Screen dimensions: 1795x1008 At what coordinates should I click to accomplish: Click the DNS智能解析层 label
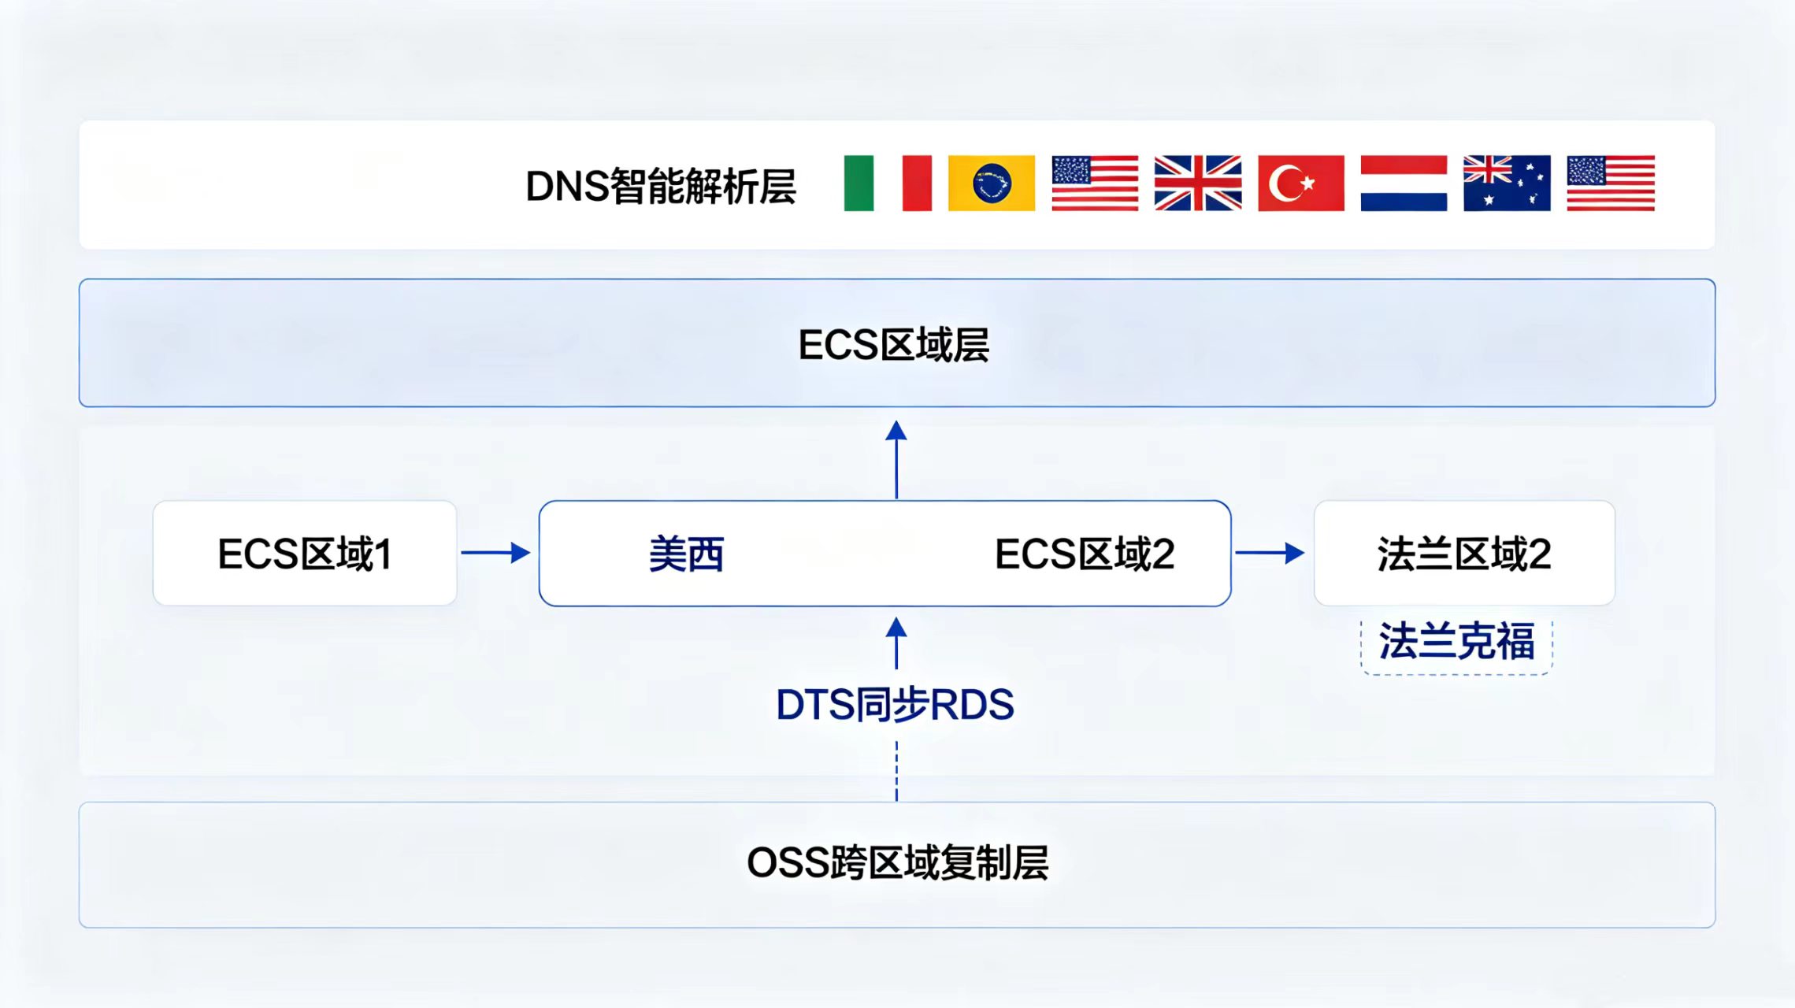660,187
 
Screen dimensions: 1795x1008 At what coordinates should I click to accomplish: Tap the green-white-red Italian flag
888,183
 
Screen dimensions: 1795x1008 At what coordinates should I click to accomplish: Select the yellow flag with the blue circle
991,183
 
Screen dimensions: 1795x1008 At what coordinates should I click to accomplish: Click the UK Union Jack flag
1198,183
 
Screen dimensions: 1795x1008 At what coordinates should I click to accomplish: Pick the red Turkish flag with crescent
1301,183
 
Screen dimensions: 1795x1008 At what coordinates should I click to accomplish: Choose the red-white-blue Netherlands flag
1404,183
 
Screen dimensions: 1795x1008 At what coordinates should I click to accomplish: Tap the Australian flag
1507,183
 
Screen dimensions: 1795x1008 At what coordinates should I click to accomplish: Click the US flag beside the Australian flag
1611,183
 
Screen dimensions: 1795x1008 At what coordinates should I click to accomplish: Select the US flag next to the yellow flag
1095,183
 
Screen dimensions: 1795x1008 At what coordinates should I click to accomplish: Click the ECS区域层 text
894,345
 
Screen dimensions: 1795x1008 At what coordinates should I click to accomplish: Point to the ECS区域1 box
305,553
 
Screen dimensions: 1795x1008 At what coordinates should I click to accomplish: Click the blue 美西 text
686,554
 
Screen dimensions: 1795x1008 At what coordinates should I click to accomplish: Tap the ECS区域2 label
1085,554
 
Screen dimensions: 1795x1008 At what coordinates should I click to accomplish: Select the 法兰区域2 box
1464,553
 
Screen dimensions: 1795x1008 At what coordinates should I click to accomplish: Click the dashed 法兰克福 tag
1456,643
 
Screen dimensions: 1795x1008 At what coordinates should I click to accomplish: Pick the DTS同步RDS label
895,705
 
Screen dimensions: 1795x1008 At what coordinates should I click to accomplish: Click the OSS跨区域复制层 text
897,863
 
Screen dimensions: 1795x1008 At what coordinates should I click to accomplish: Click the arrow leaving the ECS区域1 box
495,553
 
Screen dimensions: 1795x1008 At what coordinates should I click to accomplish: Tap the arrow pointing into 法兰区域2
1270,553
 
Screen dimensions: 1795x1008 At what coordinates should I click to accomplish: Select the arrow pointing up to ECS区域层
896,460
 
